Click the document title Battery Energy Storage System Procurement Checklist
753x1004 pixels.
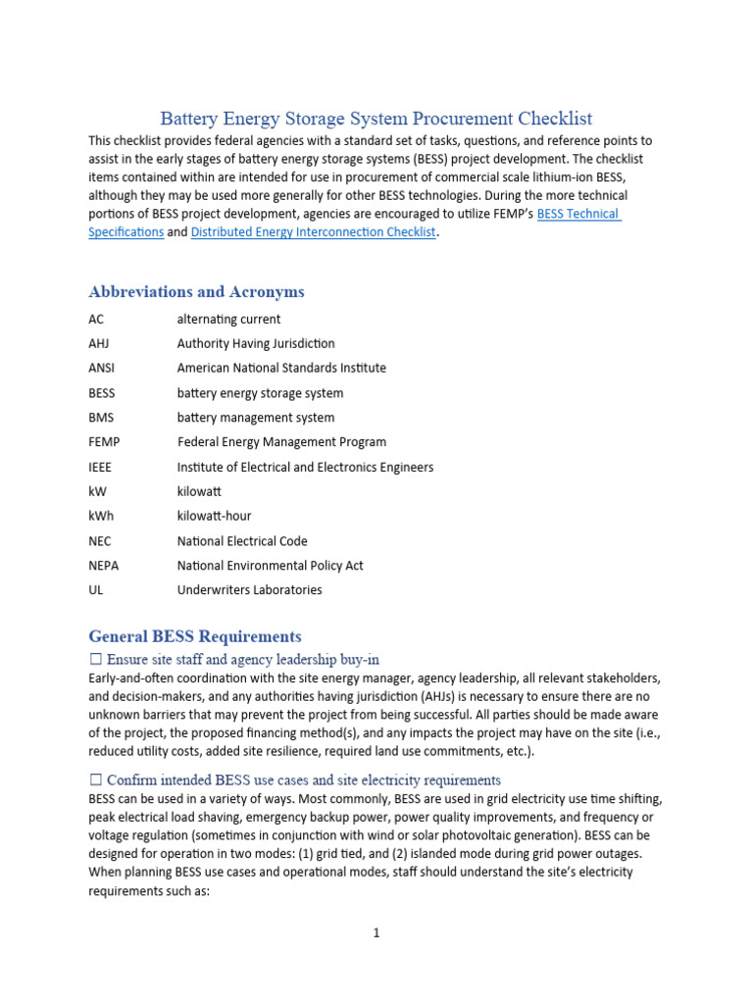[376, 119]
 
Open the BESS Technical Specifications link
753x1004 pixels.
[578, 214]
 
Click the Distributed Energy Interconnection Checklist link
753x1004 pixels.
[313, 232]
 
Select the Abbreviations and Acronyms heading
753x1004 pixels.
[196, 291]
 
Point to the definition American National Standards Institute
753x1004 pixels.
[281, 368]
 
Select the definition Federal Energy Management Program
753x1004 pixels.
[281, 442]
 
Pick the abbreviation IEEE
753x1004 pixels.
[100, 467]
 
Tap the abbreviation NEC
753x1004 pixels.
[100, 540]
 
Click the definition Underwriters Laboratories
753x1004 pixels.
[249, 590]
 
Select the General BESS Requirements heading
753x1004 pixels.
[195, 636]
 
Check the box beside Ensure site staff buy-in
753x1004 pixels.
[96, 659]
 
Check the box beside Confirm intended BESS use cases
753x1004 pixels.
[96, 780]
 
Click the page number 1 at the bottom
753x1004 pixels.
[376, 933]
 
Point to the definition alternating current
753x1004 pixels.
[228, 319]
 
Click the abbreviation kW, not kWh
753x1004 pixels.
[97, 491]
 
